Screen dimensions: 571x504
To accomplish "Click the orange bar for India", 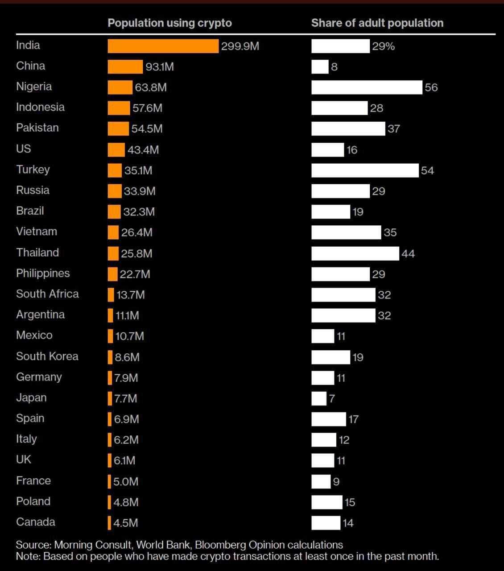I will click(x=163, y=46).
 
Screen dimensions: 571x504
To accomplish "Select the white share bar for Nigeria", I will click(x=367, y=87).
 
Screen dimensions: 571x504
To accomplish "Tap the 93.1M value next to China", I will click(x=160, y=67).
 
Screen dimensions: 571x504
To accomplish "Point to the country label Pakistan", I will click(x=37, y=128).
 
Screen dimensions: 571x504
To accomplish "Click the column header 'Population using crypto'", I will click(x=169, y=23).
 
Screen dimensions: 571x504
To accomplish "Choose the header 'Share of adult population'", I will click(x=377, y=23).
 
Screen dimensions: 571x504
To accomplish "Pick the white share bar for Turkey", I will click(x=365, y=170).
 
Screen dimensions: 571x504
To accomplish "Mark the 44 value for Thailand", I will click(x=408, y=253).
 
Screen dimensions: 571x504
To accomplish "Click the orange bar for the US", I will click(x=116, y=150).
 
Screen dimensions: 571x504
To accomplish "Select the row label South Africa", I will click(x=47, y=294).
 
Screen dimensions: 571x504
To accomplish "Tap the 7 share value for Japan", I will click(x=332, y=398).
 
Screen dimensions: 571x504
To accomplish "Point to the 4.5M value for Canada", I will click(x=126, y=523).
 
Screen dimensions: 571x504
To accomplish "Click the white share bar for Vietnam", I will click(x=346, y=232).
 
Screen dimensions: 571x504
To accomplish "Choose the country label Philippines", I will click(x=43, y=273).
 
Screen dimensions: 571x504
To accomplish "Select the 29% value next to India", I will click(x=383, y=46).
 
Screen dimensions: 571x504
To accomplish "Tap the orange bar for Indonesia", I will click(x=119, y=108).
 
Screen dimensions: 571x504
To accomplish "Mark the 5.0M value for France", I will click(x=126, y=482).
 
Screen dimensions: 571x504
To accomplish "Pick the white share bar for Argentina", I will click(x=343, y=315).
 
